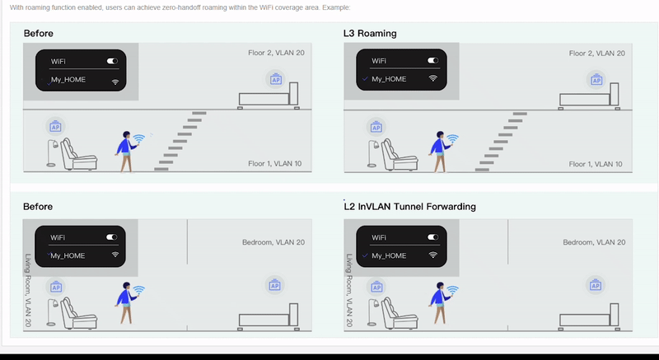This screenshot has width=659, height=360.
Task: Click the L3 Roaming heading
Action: pos(370,34)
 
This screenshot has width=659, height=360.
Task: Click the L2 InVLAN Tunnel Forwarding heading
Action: pos(409,207)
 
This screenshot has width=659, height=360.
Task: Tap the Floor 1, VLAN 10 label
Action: pos(274,164)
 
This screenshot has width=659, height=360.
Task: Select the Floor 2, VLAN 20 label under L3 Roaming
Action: pos(596,54)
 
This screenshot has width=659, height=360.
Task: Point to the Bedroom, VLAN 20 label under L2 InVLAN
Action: pos(594,242)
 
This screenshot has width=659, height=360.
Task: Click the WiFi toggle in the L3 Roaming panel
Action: pos(432,61)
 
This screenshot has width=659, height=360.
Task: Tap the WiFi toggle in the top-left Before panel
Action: pos(112,61)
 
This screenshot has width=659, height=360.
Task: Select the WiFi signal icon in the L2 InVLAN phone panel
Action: pos(432,255)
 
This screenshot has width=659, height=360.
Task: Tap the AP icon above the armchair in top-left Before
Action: pos(56,127)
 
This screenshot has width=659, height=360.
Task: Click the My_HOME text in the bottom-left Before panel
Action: pos(68,255)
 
